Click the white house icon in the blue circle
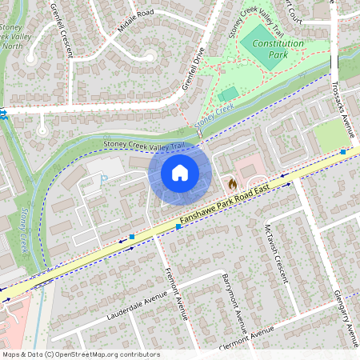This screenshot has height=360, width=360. pos(180,173)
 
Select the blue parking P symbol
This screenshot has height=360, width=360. pos(102,181)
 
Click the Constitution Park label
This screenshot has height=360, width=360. pos(278,50)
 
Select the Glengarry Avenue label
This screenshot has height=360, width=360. pos(346,311)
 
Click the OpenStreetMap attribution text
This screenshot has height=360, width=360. pos(81,354)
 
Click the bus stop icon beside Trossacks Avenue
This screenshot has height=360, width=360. pos(342,151)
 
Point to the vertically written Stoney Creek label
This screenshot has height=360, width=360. pos(23,230)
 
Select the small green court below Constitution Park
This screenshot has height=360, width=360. pos(229,94)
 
